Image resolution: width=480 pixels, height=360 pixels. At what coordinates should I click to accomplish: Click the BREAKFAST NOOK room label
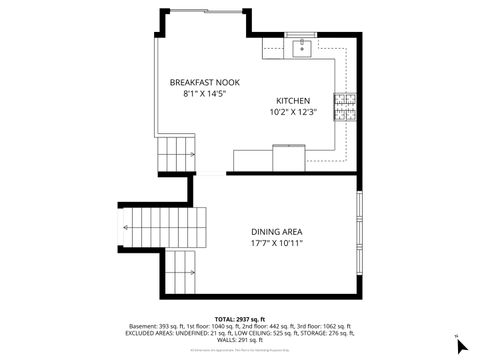point(205,82)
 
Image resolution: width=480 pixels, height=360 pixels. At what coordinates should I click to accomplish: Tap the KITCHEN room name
point(294,101)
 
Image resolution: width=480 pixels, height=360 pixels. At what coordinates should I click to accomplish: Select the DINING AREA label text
point(276,231)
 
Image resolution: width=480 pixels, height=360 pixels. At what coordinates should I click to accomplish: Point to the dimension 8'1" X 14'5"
point(205,94)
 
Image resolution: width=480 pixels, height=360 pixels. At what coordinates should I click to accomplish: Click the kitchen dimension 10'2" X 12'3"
point(294,113)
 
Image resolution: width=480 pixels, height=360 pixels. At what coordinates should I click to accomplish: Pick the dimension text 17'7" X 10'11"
point(276,243)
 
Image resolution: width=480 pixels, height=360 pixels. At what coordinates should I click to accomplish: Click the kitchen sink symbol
point(301,47)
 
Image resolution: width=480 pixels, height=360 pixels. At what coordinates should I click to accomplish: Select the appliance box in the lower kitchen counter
point(290,158)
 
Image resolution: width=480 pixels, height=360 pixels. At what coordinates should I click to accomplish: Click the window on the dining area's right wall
point(359,229)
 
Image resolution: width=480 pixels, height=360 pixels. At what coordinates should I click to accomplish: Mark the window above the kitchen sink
point(300,36)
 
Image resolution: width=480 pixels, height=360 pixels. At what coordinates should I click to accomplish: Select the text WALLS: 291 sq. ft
point(240,337)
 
